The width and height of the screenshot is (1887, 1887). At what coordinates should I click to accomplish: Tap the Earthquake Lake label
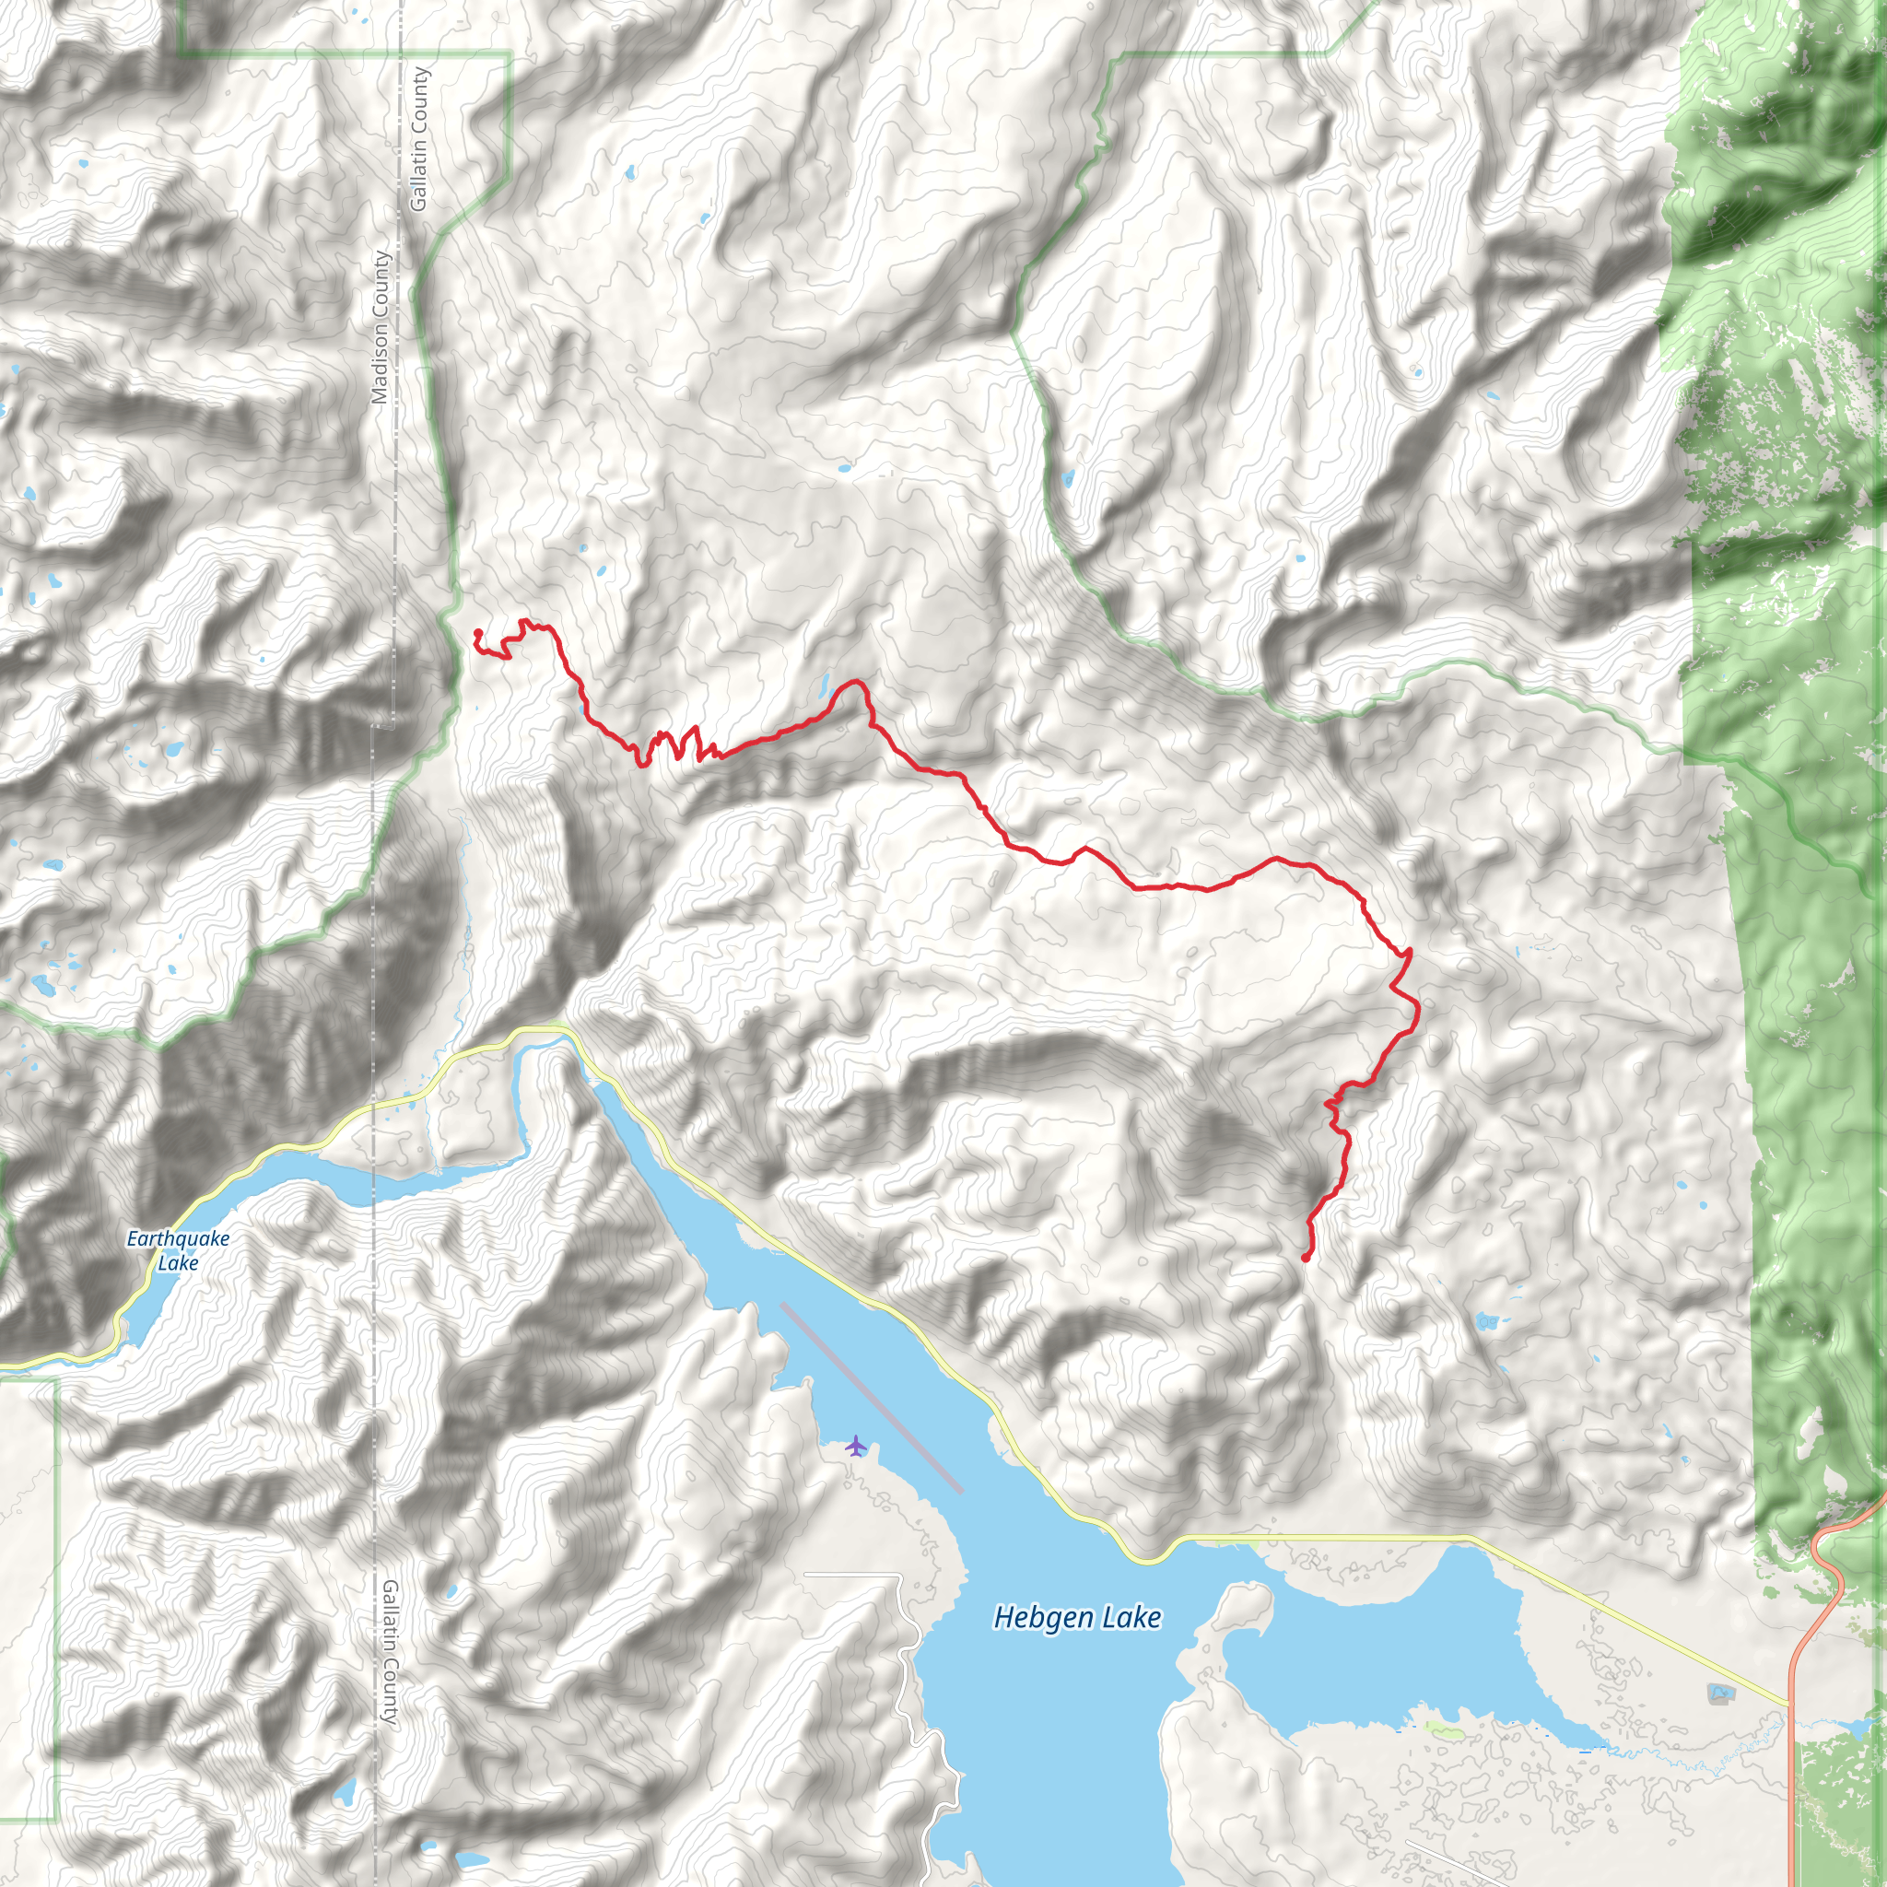pyautogui.click(x=178, y=1250)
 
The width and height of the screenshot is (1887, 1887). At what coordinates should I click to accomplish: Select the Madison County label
pyautogui.click(x=380, y=327)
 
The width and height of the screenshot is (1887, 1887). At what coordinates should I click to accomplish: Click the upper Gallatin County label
pyautogui.click(x=419, y=139)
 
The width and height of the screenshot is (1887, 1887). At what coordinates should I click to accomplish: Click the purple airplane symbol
pyautogui.click(x=856, y=1446)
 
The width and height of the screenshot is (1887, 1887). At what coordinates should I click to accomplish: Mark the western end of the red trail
pyautogui.click(x=476, y=633)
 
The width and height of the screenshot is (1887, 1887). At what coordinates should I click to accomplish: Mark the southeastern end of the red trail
pyautogui.click(x=1306, y=1258)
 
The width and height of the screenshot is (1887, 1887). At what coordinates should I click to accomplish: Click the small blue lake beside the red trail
pyautogui.click(x=826, y=683)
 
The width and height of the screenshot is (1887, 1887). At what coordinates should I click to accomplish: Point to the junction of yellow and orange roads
pyautogui.click(x=1791, y=1705)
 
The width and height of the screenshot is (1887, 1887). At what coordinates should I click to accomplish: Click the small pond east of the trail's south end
pyautogui.click(x=1485, y=1321)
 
